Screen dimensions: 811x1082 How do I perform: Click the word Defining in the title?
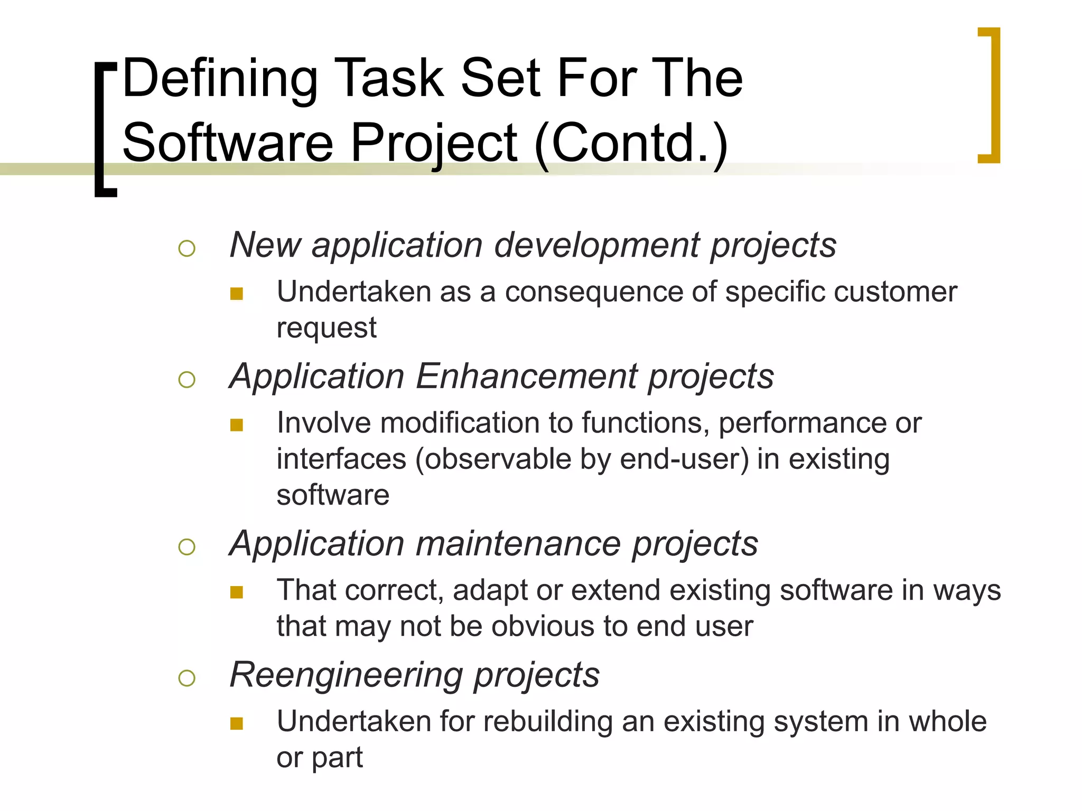(220, 79)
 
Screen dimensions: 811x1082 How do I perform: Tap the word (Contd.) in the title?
(631, 143)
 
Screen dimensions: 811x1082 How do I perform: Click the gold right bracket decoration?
(991, 95)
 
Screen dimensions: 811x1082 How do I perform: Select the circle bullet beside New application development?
(187, 248)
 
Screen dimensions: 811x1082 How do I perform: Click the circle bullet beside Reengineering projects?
(187, 677)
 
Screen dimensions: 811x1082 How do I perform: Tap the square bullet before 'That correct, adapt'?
(237, 592)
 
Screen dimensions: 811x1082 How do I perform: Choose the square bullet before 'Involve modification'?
(237, 425)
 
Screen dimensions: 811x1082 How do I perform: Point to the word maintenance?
(518, 544)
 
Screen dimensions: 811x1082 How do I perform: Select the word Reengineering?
(347, 675)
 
